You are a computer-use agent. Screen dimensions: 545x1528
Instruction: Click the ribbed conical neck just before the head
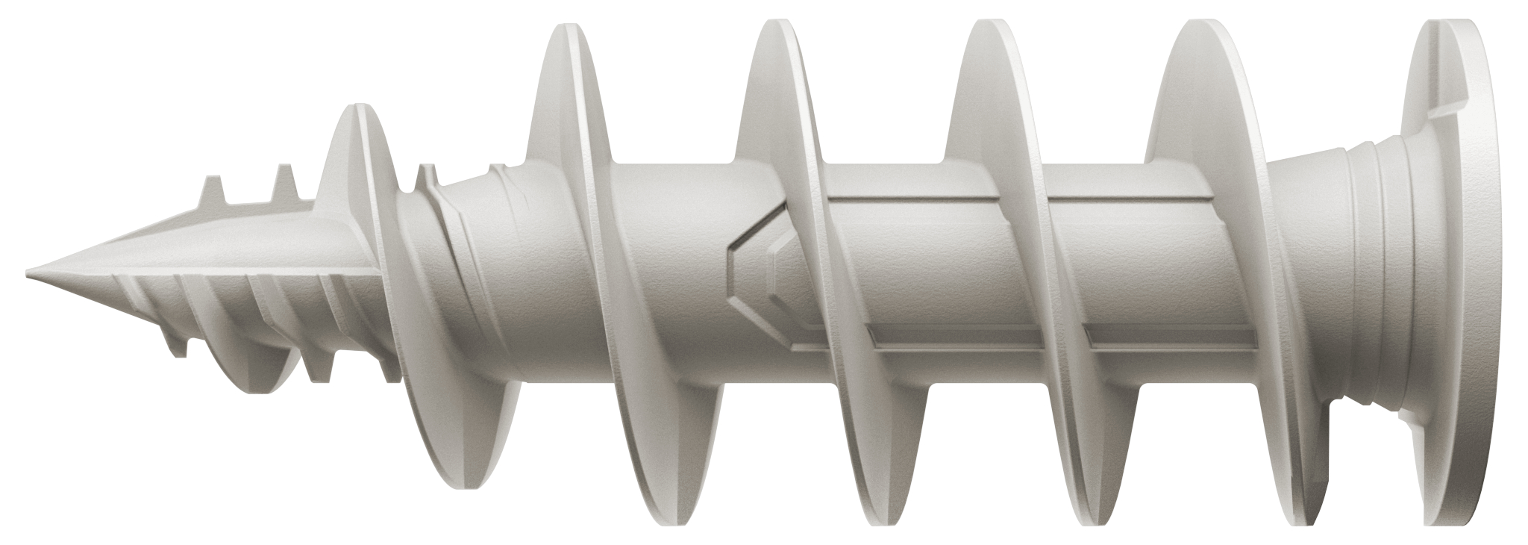[x=1336, y=276]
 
